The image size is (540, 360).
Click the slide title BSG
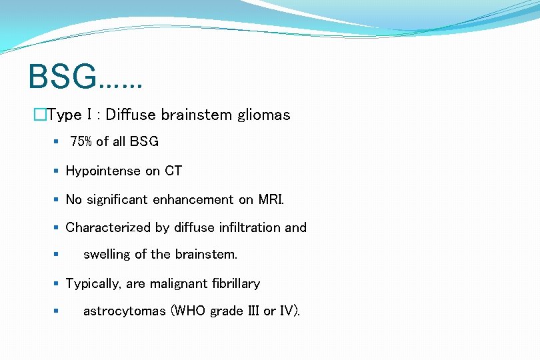[x=63, y=77]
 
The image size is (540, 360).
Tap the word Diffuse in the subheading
[x=131, y=115]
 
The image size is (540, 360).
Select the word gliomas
[x=263, y=115]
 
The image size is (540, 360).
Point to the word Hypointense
[x=103, y=171]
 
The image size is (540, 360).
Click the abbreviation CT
[x=173, y=171]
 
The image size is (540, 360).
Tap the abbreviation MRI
[x=270, y=199]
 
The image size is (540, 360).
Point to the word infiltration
[x=247, y=227]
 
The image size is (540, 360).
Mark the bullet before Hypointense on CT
[x=56, y=171]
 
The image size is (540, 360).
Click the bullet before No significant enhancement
[x=56, y=199]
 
